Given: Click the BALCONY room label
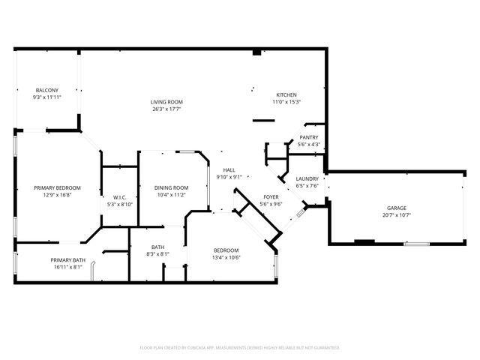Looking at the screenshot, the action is click(46, 90).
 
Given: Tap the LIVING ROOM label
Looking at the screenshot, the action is click(166, 102).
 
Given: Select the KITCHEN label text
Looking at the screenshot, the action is click(286, 95).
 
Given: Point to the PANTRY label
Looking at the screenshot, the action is click(308, 137).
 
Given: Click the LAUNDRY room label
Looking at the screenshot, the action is click(307, 178).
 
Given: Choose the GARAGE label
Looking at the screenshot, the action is click(397, 208).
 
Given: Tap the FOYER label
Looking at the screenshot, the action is click(271, 197).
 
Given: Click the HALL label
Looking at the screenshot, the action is click(229, 170).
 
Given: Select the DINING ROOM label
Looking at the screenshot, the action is click(171, 188).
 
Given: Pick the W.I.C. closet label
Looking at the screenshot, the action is click(120, 197).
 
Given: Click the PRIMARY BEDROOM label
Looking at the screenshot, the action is click(57, 188).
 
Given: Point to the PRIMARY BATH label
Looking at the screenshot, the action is click(68, 260).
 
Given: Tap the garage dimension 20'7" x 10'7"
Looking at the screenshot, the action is click(397, 215).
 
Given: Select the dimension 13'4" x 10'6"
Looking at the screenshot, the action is click(226, 257).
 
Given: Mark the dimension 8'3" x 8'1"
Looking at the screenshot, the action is click(158, 254).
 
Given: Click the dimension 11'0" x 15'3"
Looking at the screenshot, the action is click(286, 102).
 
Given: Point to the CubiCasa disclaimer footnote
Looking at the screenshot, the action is click(240, 348).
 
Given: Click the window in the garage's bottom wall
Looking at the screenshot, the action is click(417, 244).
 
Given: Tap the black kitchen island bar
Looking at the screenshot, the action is click(263, 121).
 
